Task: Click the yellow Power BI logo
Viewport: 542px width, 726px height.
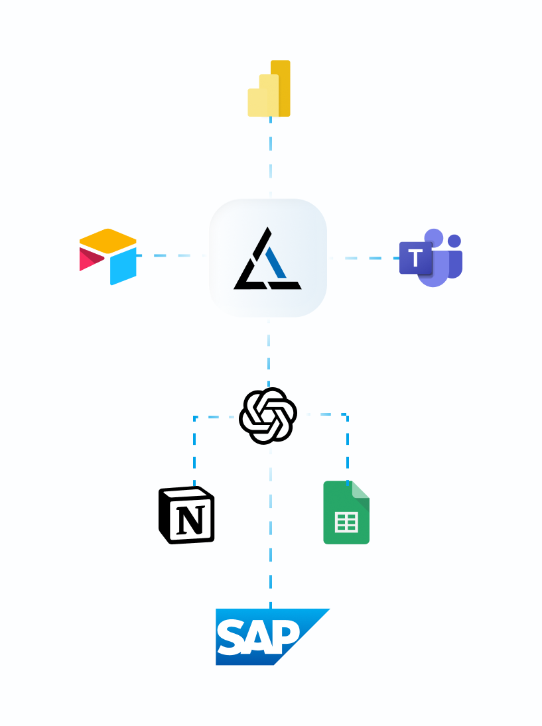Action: pos(269,90)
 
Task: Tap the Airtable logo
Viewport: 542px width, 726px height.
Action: pos(108,257)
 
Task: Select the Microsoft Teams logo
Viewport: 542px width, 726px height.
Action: pos(431,258)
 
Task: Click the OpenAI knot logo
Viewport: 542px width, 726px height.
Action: pos(267,416)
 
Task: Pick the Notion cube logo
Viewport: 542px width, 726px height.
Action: pos(186,515)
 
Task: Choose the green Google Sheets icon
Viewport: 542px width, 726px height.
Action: pos(346,513)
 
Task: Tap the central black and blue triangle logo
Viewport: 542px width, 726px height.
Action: pos(267,259)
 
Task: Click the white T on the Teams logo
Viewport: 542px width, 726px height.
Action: pos(415,257)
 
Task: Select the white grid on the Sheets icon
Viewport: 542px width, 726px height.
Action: pos(346,522)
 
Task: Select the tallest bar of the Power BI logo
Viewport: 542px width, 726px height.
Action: pos(281,88)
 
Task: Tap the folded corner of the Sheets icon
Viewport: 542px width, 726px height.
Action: pos(361,489)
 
